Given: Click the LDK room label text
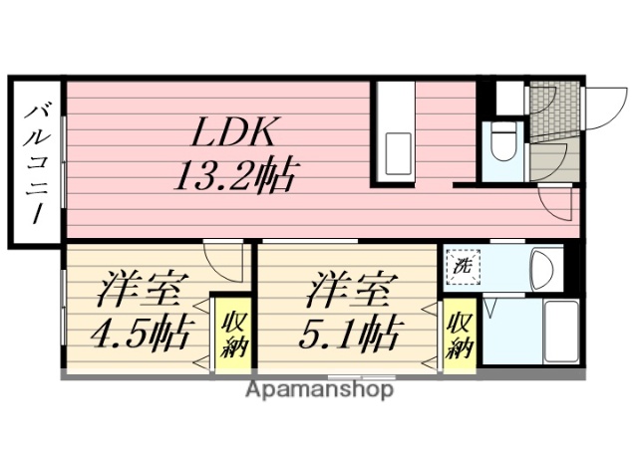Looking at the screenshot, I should coord(236,132).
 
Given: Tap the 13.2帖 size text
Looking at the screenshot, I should coord(235,176).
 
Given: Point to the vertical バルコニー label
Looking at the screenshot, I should coord(37,163).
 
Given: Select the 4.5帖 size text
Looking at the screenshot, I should coord(141,332).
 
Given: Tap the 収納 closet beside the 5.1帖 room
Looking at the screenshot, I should coord(460,335).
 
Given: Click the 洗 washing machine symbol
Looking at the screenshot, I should coord(464,267).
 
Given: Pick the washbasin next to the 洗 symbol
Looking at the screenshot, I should coord(543,267).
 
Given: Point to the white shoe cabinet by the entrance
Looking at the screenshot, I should coord(509,97).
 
